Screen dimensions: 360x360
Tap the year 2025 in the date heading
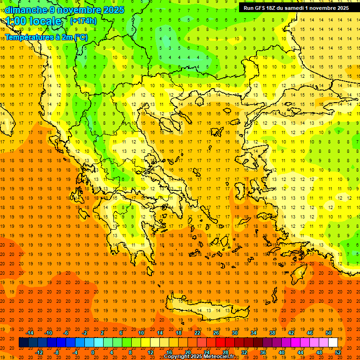(111, 10)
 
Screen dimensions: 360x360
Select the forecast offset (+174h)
(83, 21)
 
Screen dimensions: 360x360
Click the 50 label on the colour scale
(328, 333)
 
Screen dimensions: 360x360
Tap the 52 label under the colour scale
(338, 352)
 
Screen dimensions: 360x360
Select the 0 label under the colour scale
(93, 352)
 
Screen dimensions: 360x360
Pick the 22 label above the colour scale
(197, 333)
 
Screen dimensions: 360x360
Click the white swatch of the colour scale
(333, 343)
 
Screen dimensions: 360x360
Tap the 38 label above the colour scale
(272, 333)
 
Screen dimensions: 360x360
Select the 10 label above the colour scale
(141, 333)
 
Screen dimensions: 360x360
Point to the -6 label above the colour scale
(66, 333)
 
